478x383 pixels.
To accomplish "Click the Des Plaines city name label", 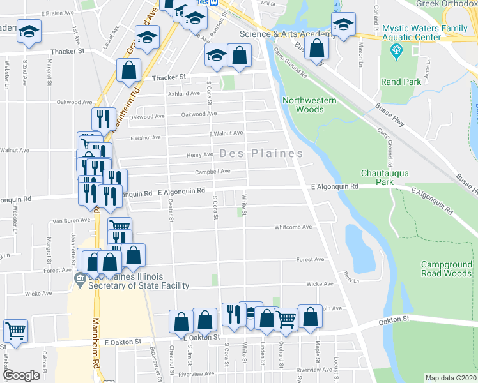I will click(x=261, y=154).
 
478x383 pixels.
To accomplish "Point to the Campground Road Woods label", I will click(x=445, y=269).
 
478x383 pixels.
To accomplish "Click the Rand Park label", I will click(x=401, y=82).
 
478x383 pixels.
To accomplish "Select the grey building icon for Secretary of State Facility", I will click(x=80, y=278).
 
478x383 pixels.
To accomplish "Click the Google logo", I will click(x=21, y=375).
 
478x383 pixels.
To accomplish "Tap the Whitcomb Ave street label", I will click(x=293, y=227).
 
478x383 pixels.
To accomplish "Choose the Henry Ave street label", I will click(x=199, y=154).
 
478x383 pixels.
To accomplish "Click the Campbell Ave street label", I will click(x=213, y=171).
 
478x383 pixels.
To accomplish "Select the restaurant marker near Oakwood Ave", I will click(x=103, y=118).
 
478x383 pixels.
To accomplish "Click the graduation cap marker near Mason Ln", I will click(x=344, y=25).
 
